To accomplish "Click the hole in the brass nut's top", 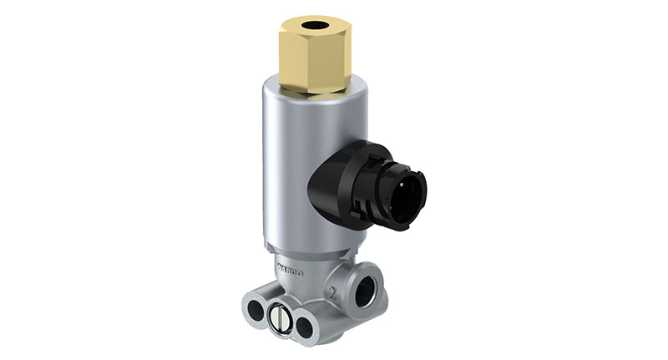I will pyautogui.click(x=315, y=26).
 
